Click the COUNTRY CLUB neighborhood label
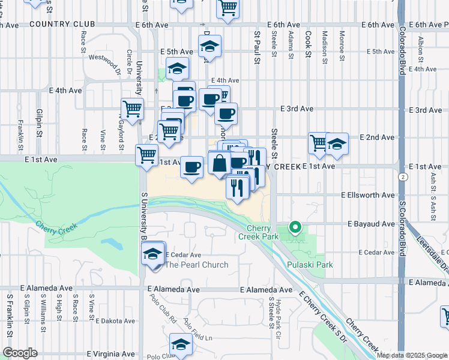[62, 24]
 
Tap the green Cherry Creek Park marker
[294, 227]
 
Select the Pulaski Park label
[310, 265]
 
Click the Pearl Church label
[197, 265]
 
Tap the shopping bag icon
[220, 163]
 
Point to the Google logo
[19, 353]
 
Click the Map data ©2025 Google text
[411, 355]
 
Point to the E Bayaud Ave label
[371, 223]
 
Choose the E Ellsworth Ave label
[367, 195]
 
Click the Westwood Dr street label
[105, 63]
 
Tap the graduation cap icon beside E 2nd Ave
[337, 145]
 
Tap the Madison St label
[325, 47]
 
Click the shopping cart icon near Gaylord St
[132, 109]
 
